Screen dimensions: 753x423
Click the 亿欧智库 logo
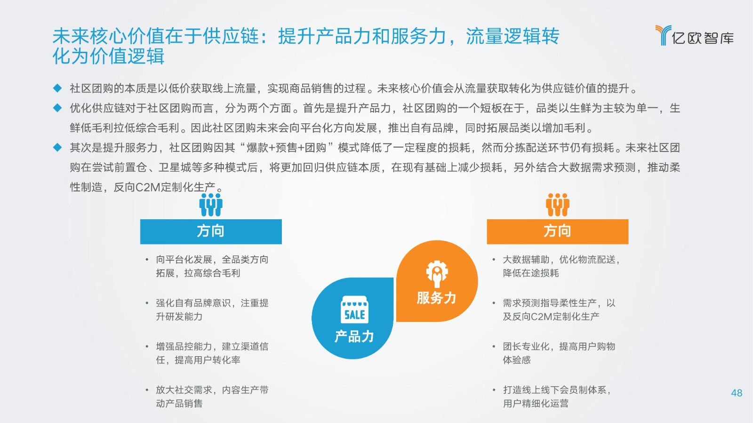(x=695, y=35)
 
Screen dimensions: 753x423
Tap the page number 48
(x=737, y=393)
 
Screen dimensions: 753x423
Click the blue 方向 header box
(x=211, y=231)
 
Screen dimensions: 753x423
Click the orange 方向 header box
(x=557, y=231)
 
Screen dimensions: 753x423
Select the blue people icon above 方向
(x=211, y=205)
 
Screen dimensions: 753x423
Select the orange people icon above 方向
(x=557, y=205)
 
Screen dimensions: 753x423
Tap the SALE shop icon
(x=355, y=310)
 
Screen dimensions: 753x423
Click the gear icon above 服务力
(x=437, y=274)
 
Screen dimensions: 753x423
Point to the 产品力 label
(x=354, y=336)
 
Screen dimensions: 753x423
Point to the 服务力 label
(x=436, y=298)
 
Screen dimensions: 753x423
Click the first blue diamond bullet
(x=57, y=88)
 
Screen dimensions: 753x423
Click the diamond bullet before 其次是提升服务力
(x=57, y=147)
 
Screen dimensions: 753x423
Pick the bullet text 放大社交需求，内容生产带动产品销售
(x=212, y=397)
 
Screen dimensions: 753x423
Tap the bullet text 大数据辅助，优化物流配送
(x=560, y=259)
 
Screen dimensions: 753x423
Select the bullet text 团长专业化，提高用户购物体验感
(x=559, y=353)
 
